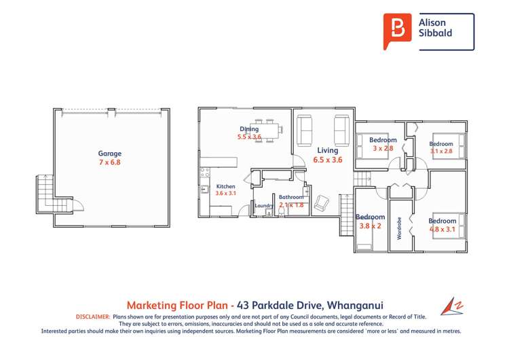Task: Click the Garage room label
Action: pos(109,154)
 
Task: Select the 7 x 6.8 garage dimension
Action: pos(109,162)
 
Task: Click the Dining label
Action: pos(249,128)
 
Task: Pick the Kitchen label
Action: pos(225,186)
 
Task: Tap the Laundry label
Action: pos(264,206)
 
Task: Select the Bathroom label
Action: pos(292,197)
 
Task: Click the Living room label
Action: pos(328,151)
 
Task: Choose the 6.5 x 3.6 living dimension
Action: pos(328,160)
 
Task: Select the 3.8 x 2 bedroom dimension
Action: pos(370,227)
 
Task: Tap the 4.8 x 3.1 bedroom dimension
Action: pos(442,229)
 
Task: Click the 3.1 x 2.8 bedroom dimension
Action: pos(441,151)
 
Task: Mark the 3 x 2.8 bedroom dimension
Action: pos(381,148)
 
